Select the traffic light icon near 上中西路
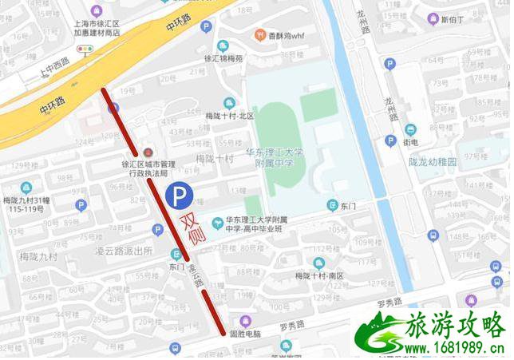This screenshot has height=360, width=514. [x=82, y=49]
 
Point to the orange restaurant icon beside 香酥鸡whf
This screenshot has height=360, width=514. [x=259, y=35]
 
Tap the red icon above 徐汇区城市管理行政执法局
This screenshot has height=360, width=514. [x=147, y=152]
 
